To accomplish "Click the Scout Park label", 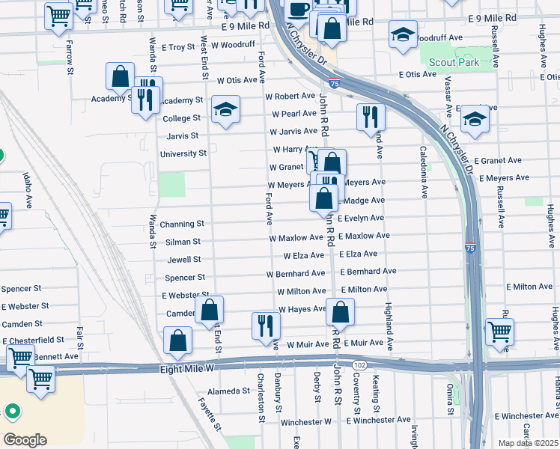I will tap(459, 63).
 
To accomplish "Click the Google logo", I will tap(25, 439).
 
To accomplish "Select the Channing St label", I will tap(182, 224).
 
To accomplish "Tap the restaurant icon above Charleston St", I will tap(266, 326).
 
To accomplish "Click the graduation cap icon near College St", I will tap(225, 109).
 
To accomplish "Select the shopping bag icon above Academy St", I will tap(120, 76).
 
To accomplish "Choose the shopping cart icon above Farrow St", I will tap(58, 14).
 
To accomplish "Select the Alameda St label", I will tap(229, 391).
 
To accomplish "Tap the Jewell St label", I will tap(184, 260).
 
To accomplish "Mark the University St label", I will tap(183, 154).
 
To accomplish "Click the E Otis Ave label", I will tap(418, 75).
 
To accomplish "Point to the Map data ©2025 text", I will tap(528, 443).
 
